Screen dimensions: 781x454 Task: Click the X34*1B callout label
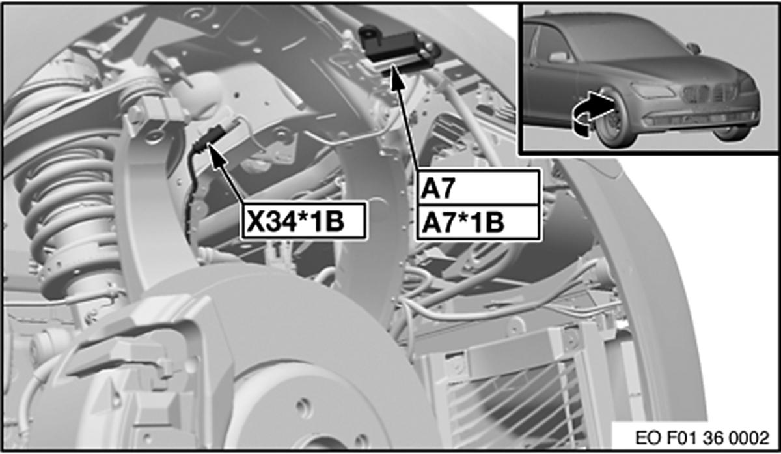(x=304, y=221)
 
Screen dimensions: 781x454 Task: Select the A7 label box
(x=478, y=188)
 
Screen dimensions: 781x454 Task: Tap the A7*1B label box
(x=478, y=223)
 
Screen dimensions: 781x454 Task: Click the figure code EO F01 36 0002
(x=702, y=438)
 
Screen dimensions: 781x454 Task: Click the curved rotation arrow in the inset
(x=593, y=111)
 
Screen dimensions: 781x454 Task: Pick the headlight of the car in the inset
(x=652, y=91)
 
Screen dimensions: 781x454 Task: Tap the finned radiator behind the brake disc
(x=523, y=394)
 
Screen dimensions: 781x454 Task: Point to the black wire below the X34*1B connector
(x=192, y=195)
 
